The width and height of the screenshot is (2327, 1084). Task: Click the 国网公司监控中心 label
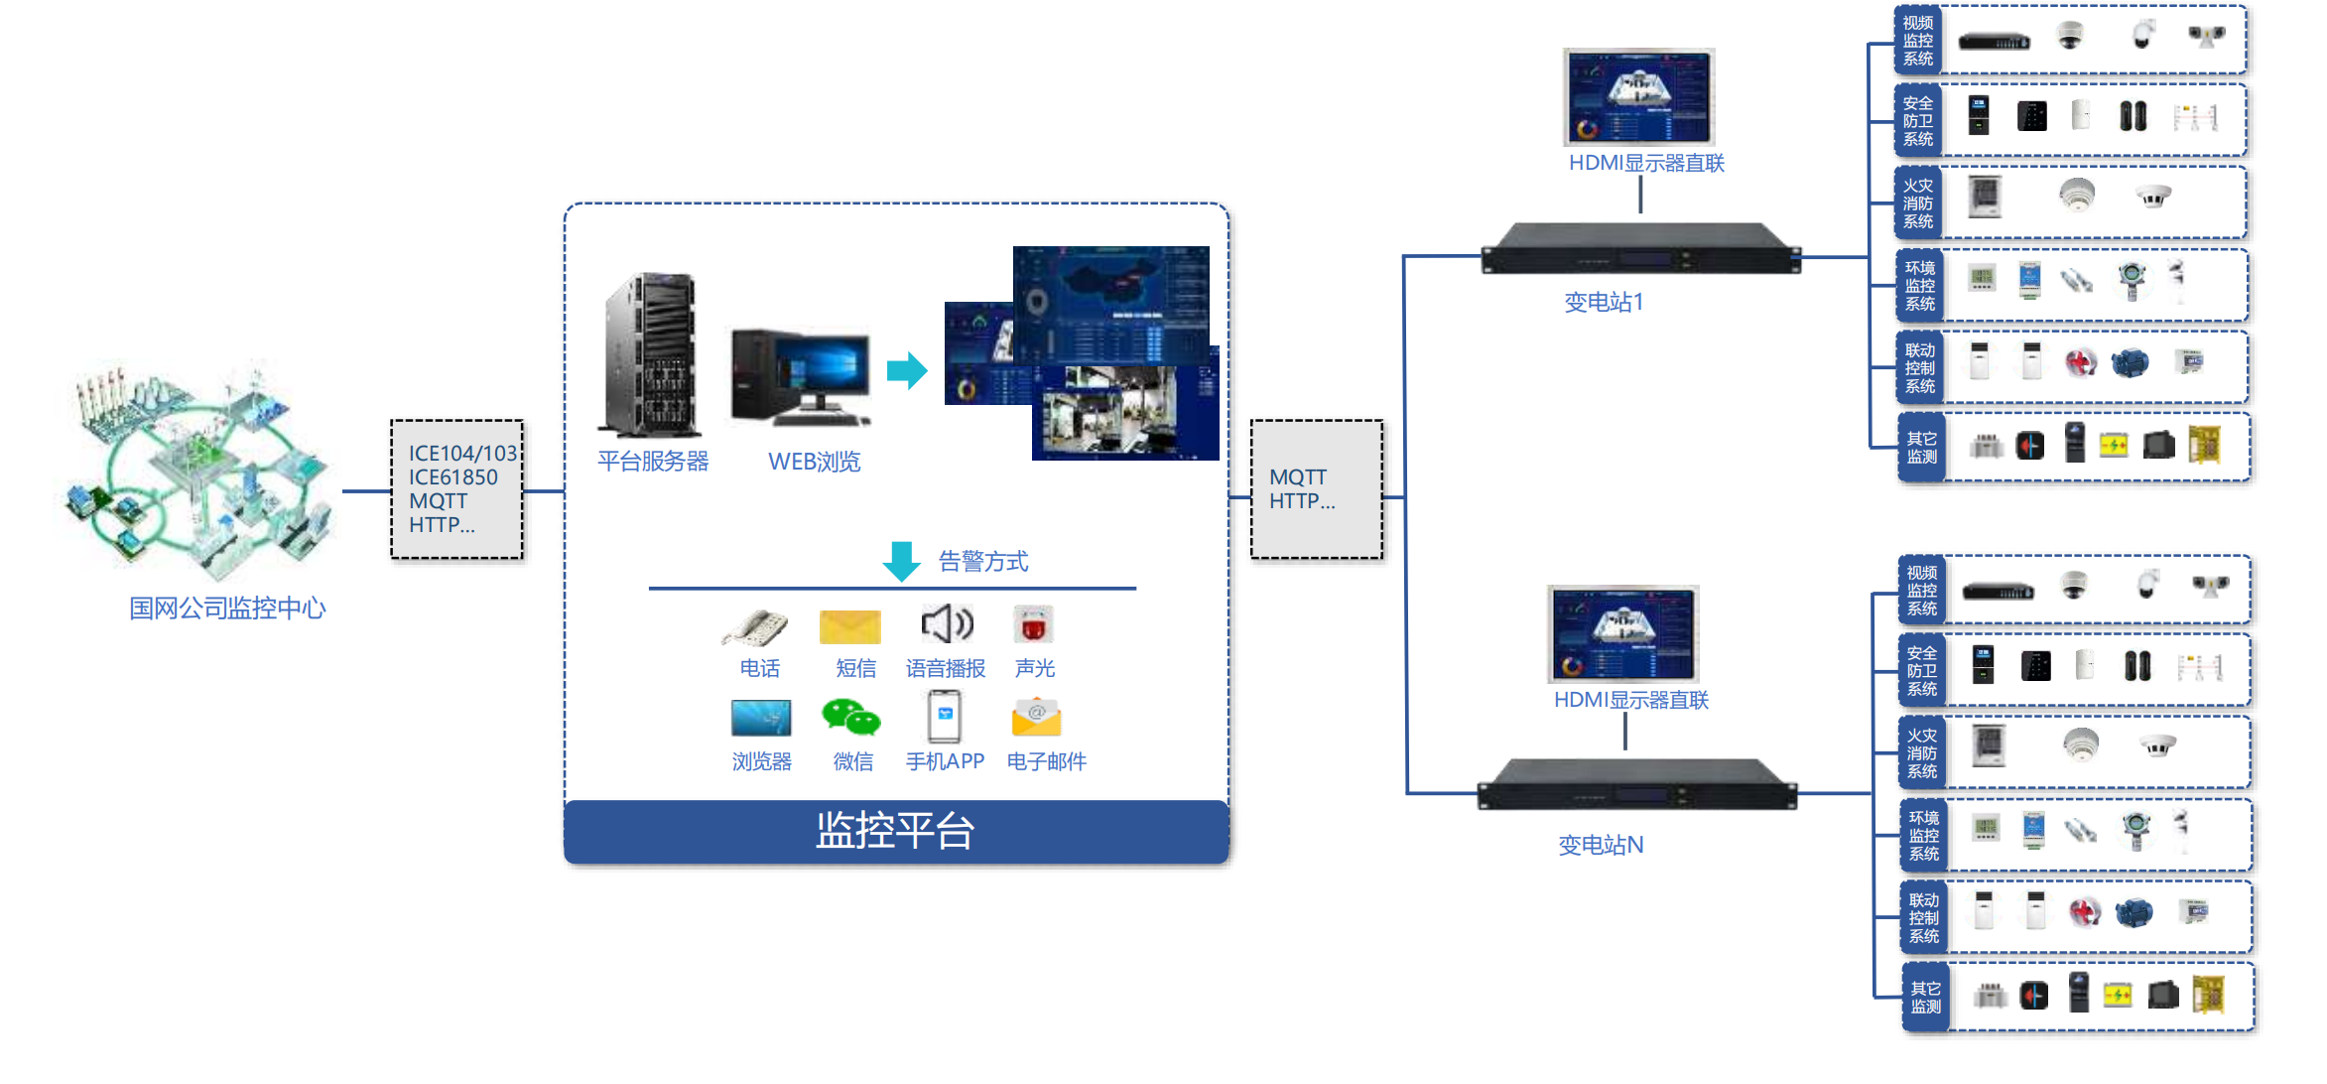[x=227, y=608]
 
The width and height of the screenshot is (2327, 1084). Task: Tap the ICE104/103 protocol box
[x=457, y=489]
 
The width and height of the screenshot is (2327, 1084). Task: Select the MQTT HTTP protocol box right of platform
[x=1317, y=489]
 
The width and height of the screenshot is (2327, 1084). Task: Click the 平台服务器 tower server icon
[x=651, y=355]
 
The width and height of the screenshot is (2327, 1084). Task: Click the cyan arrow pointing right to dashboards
[x=907, y=370]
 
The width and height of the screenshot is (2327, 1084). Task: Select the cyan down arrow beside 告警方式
[x=901, y=561]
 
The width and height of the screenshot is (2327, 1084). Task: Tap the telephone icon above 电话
[x=755, y=627]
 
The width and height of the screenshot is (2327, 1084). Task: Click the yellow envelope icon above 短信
[x=850, y=627]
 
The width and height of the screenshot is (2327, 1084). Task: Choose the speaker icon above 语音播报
[x=947, y=624]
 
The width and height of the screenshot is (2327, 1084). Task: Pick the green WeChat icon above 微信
[x=850, y=717]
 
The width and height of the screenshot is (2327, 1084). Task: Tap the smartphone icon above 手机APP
[x=945, y=717]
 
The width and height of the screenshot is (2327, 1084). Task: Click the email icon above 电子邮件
[x=1036, y=718]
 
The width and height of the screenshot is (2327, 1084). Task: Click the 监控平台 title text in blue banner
[x=895, y=831]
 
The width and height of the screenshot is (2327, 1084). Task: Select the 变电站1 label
[x=1604, y=302]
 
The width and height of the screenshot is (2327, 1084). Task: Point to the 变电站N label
[x=1601, y=845]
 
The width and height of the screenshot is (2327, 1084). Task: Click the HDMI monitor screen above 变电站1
[x=1639, y=97]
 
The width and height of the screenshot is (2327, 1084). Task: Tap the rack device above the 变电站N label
[x=1637, y=784]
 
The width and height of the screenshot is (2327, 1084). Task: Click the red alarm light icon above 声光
[x=1033, y=625]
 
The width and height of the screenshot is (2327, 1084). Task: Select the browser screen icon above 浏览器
[x=761, y=718]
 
